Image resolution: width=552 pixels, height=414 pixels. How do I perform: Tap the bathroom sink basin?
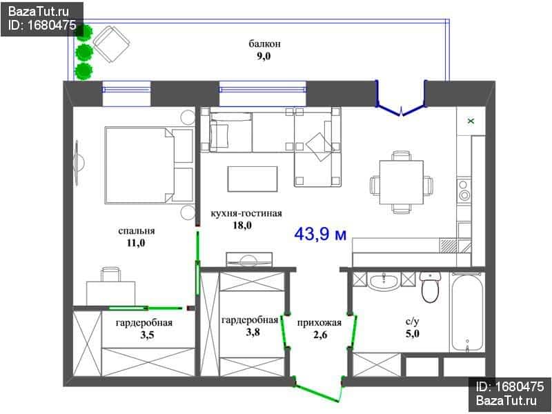click(x=384, y=282)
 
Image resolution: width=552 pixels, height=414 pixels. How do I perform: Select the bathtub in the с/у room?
click(x=467, y=313)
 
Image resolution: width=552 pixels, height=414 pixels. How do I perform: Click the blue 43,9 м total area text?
click(x=320, y=234)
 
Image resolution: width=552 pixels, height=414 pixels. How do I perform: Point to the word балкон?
click(x=265, y=44)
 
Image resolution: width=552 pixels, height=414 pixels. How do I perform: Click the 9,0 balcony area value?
click(x=264, y=57)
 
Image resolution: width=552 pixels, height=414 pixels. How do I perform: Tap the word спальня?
click(x=136, y=231)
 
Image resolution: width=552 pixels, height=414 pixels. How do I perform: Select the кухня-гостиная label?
click(x=246, y=213)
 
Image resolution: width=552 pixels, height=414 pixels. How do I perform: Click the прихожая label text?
click(x=319, y=322)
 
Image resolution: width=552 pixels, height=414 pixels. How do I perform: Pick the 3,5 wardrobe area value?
click(x=147, y=335)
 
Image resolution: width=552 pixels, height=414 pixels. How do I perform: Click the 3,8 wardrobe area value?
click(x=253, y=332)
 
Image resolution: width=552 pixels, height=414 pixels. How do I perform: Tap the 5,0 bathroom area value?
click(x=412, y=334)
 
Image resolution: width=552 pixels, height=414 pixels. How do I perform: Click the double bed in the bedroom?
click(x=149, y=166)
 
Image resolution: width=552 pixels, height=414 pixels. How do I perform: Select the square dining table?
click(x=402, y=182)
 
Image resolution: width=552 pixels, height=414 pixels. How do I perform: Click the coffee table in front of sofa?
click(x=253, y=179)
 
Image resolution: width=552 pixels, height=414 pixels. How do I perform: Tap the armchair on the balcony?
click(x=111, y=44)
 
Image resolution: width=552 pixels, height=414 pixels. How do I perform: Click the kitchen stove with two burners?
click(x=464, y=190)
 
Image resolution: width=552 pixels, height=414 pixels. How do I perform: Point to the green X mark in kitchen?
click(x=471, y=121)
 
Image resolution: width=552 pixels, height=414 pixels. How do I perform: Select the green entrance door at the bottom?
click(x=319, y=391)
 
